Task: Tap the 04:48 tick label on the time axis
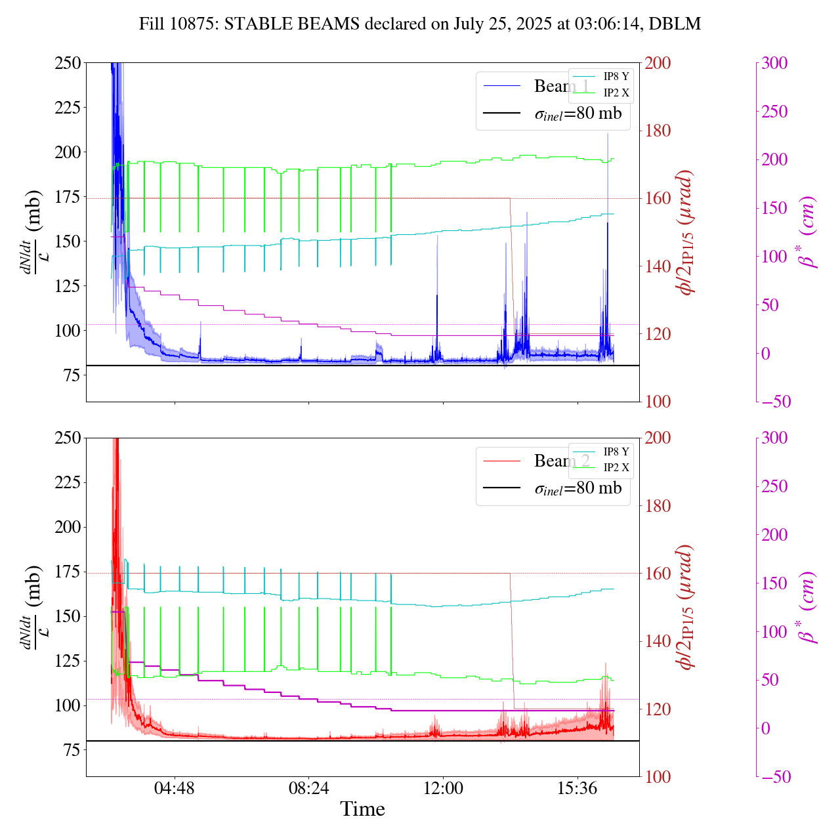pos(175,788)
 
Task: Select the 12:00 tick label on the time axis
pos(443,788)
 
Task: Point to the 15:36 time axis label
pos(577,788)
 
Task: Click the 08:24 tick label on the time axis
pos(308,788)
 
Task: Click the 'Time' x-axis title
pos(362,809)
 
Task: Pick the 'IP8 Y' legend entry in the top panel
pos(616,76)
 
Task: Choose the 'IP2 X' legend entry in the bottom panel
pos(616,467)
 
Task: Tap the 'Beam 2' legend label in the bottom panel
pos(562,461)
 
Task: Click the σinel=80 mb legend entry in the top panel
pos(577,114)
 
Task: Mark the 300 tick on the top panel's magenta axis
pos(775,63)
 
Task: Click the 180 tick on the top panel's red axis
pos(658,131)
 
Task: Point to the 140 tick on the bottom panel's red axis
pos(658,641)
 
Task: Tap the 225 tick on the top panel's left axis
pos(67,107)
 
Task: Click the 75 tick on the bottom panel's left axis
pos(72,750)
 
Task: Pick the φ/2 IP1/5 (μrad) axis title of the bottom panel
pos(686,607)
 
